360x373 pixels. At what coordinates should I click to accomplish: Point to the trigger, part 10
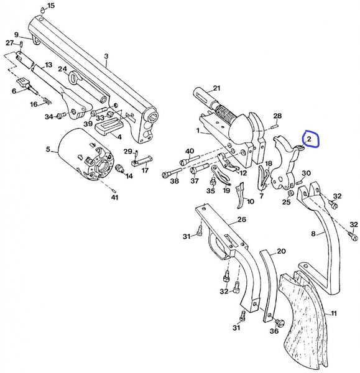point(242,196)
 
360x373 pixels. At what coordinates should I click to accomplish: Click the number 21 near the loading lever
point(216,88)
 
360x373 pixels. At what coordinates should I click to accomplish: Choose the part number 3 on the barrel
point(106,56)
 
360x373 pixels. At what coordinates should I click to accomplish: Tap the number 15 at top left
point(51,6)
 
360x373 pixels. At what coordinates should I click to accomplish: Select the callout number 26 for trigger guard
point(241,219)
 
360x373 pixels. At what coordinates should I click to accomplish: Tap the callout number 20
point(281,251)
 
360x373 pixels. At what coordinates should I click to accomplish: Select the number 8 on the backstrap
point(314,234)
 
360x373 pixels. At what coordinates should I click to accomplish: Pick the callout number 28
point(278,116)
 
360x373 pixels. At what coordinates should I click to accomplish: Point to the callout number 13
point(48,65)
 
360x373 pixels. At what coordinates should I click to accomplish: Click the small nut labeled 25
point(286,193)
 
